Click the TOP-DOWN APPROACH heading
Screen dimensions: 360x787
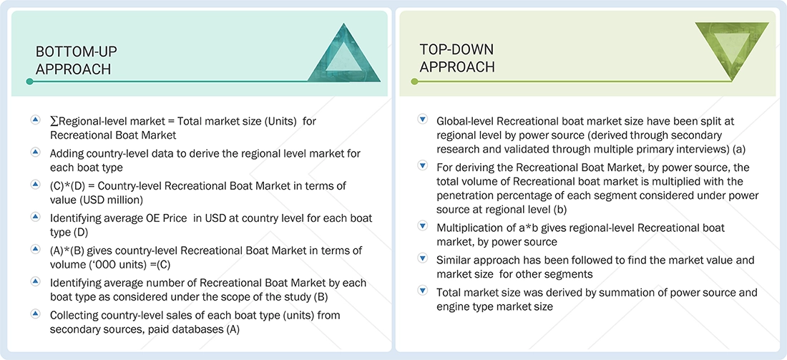(x=457, y=57)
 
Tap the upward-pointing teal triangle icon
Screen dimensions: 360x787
(x=343, y=55)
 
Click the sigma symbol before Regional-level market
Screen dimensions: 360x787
(x=54, y=121)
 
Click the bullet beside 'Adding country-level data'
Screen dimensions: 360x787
(x=35, y=152)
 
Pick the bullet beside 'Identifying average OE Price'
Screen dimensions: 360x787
(x=35, y=216)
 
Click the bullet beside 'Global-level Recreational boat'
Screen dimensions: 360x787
(x=422, y=120)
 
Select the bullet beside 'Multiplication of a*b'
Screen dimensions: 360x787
(x=422, y=226)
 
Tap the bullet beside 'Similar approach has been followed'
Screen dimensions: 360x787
(x=422, y=258)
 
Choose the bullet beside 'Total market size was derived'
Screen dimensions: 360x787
(x=422, y=291)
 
